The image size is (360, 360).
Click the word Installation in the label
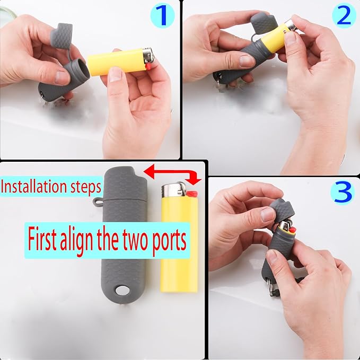[x=36, y=187]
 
